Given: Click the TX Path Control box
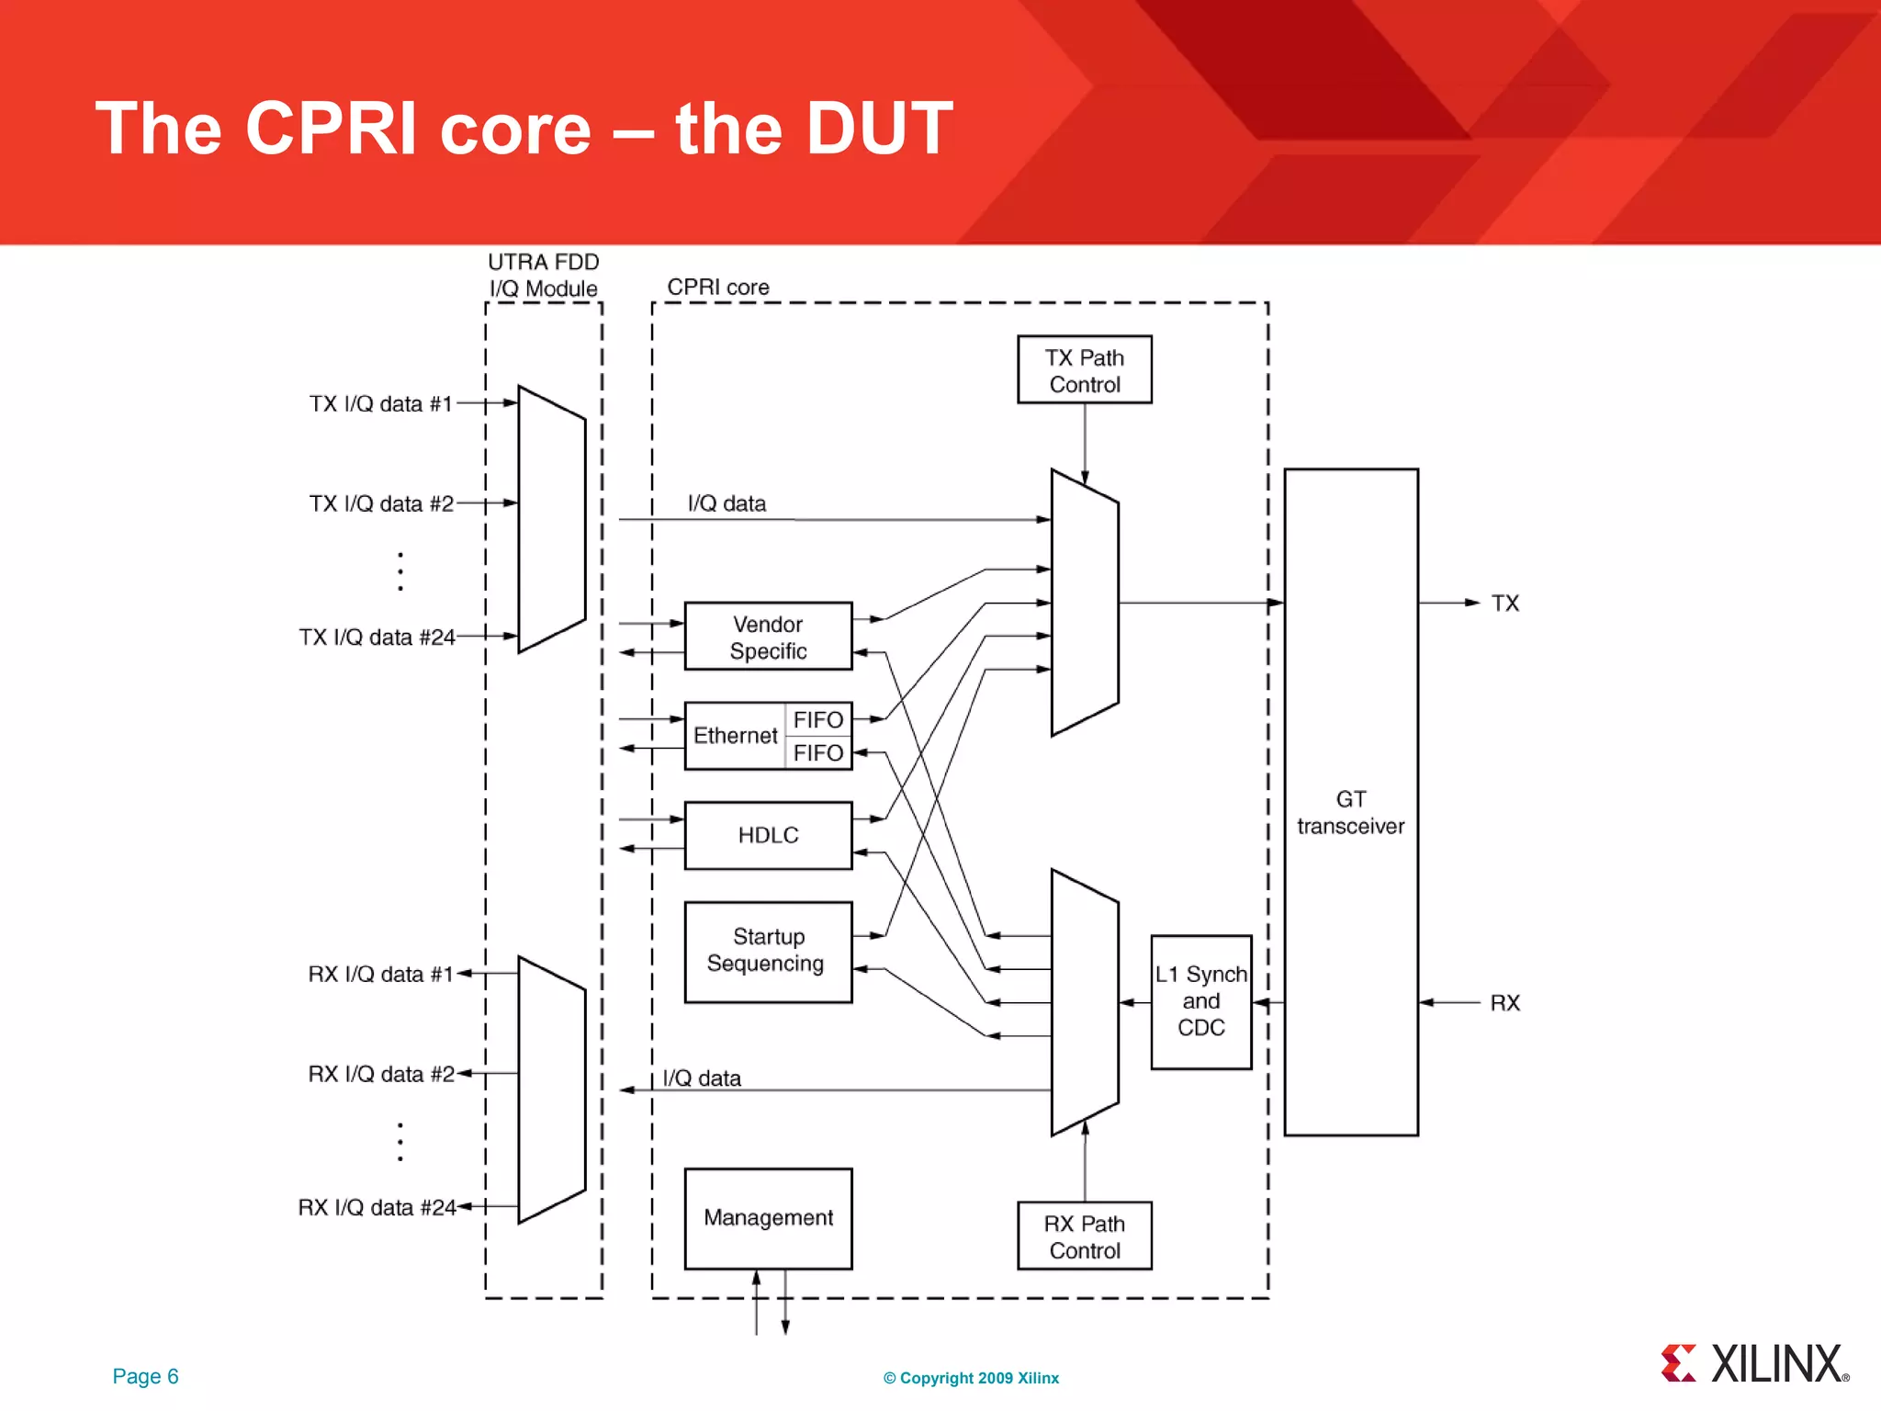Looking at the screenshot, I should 1084,370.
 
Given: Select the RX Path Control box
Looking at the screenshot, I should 1084,1236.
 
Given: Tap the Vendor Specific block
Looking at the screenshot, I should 768,637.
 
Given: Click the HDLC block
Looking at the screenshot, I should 768,835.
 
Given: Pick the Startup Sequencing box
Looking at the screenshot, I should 768,951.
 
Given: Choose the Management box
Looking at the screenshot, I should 768,1218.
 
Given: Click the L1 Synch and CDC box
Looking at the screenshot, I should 1200,1001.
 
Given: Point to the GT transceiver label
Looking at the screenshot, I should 1350,812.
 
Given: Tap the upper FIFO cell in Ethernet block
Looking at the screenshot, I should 817,719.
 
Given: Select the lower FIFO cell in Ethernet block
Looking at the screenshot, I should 817,753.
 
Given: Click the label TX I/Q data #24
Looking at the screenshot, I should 377,637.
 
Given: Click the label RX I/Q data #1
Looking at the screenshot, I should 380,974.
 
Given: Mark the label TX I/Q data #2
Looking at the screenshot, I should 381,503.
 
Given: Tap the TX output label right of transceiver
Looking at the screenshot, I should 1504,604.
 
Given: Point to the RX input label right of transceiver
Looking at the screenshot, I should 1504,1003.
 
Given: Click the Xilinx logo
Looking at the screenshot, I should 1754,1363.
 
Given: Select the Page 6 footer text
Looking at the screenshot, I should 145,1376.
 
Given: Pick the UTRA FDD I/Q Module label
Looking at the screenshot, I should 543,275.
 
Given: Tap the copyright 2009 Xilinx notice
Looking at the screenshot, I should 971,1378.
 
